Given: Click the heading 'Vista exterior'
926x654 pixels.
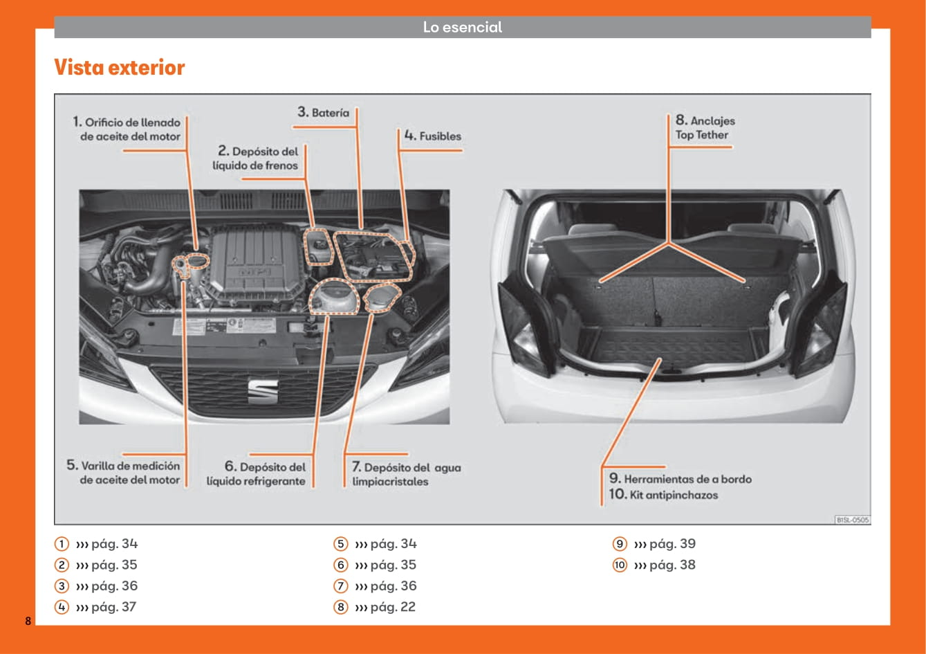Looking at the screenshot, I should (119, 68).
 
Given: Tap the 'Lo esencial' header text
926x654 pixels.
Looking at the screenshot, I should (462, 28).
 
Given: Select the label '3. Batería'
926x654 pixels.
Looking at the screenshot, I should (324, 112).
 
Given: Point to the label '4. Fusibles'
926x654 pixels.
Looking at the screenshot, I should (433, 136).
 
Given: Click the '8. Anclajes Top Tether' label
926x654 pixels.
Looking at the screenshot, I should (705, 128).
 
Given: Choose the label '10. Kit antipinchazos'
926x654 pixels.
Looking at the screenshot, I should (663, 495).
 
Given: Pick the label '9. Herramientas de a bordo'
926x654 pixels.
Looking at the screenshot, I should (680, 479).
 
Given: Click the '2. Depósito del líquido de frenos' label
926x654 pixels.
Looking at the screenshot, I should (256, 158).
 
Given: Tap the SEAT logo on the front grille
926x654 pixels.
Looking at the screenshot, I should (263, 391).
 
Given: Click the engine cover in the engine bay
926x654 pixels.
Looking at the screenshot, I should (252, 263).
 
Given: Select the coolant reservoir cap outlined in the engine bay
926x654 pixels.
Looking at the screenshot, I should (335, 298).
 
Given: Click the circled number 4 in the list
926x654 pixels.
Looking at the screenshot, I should (62, 607).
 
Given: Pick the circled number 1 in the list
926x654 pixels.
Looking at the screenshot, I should (62, 544).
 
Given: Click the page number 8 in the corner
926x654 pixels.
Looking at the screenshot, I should (28, 620).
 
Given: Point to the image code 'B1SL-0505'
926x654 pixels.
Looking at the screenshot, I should (852, 519).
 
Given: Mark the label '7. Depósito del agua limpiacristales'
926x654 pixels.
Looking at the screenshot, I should (406, 475).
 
